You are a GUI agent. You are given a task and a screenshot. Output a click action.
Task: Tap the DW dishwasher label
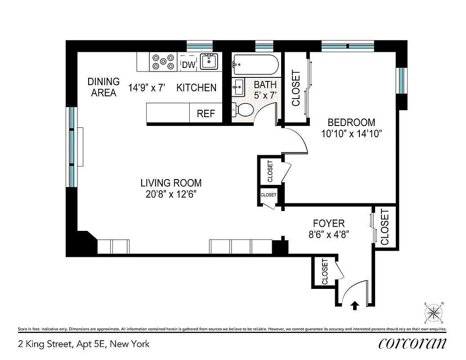pyautogui.click(x=189, y=65)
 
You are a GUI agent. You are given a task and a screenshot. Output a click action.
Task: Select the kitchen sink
pyautogui.click(x=208, y=61)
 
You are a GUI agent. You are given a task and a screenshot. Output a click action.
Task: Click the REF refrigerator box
pyautogui.click(x=206, y=113)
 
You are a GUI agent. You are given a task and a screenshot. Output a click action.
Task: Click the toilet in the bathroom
pyautogui.click(x=243, y=110)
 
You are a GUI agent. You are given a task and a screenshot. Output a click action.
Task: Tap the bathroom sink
pyautogui.click(x=238, y=86)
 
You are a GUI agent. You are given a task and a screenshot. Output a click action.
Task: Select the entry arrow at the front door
pyautogui.click(x=355, y=306)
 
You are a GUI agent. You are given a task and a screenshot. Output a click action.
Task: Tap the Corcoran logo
pyautogui.click(x=412, y=343)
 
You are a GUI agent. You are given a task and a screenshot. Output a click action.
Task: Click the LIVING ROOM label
pyautogui.click(x=171, y=183)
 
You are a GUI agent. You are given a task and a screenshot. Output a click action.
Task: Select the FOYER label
pyautogui.click(x=329, y=223)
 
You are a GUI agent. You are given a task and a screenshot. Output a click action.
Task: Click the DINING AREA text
pyautogui.click(x=103, y=87)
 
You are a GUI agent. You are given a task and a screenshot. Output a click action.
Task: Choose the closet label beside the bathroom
pyautogui.click(x=296, y=88)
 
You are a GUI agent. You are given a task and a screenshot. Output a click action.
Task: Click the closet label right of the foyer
pyautogui.click(x=385, y=227)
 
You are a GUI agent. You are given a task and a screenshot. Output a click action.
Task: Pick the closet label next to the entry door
pyautogui.click(x=325, y=271)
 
